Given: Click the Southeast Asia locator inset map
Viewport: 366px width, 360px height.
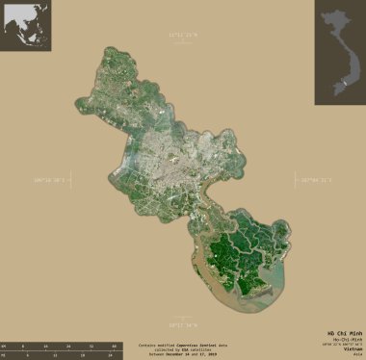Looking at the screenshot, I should point(25,25).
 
